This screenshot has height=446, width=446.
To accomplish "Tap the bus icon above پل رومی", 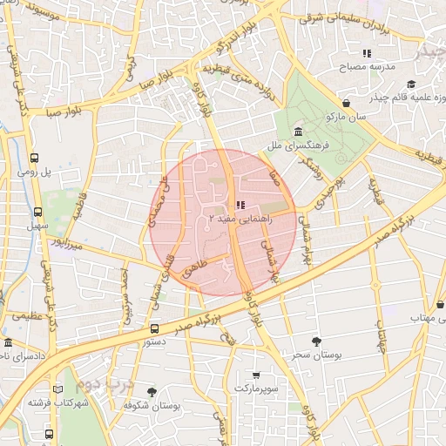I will click(x=34, y=159).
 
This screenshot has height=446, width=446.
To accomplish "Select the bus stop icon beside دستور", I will click(x=154, y=328).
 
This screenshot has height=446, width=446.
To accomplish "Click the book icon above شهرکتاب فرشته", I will click(x=57, y=389).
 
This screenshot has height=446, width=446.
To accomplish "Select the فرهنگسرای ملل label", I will click(x=300, y=145).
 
